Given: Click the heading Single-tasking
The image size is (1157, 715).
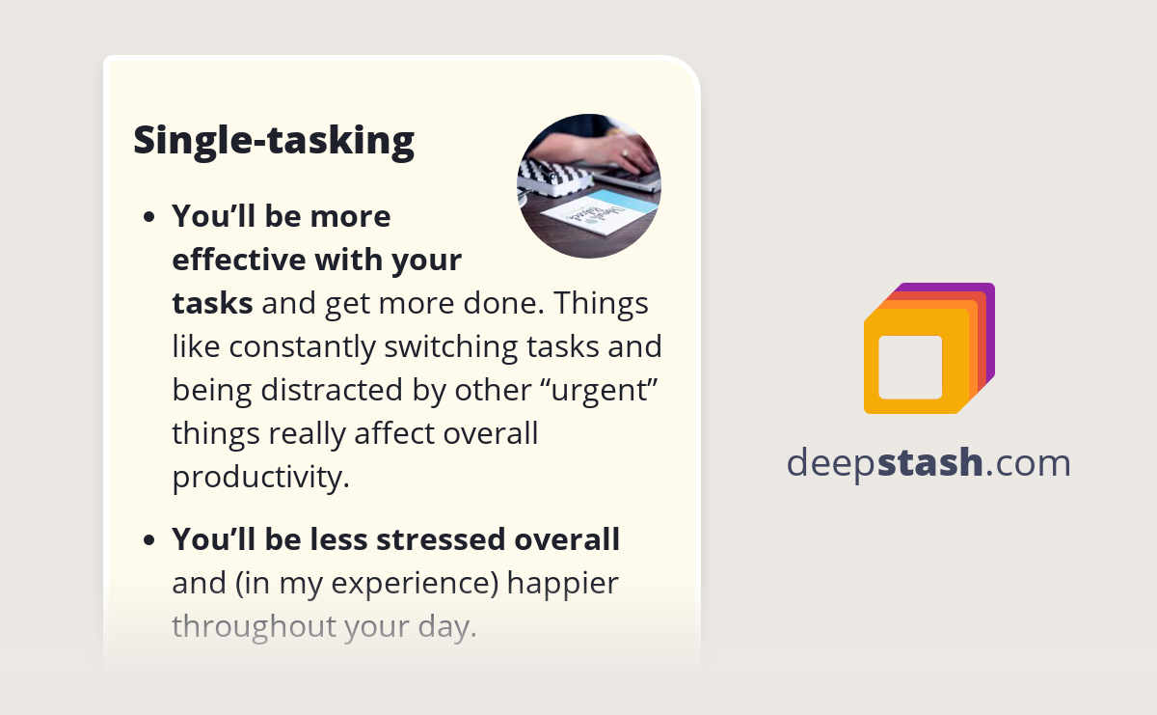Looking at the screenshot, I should tap(274, 141).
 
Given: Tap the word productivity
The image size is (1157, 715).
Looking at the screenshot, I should tap(259, 477).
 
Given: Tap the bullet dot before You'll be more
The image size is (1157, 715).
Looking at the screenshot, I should tap(148, 217).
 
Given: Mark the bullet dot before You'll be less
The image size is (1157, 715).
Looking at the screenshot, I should tap(148, 540).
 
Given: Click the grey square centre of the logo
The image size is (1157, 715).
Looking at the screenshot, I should tap(910, 367).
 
